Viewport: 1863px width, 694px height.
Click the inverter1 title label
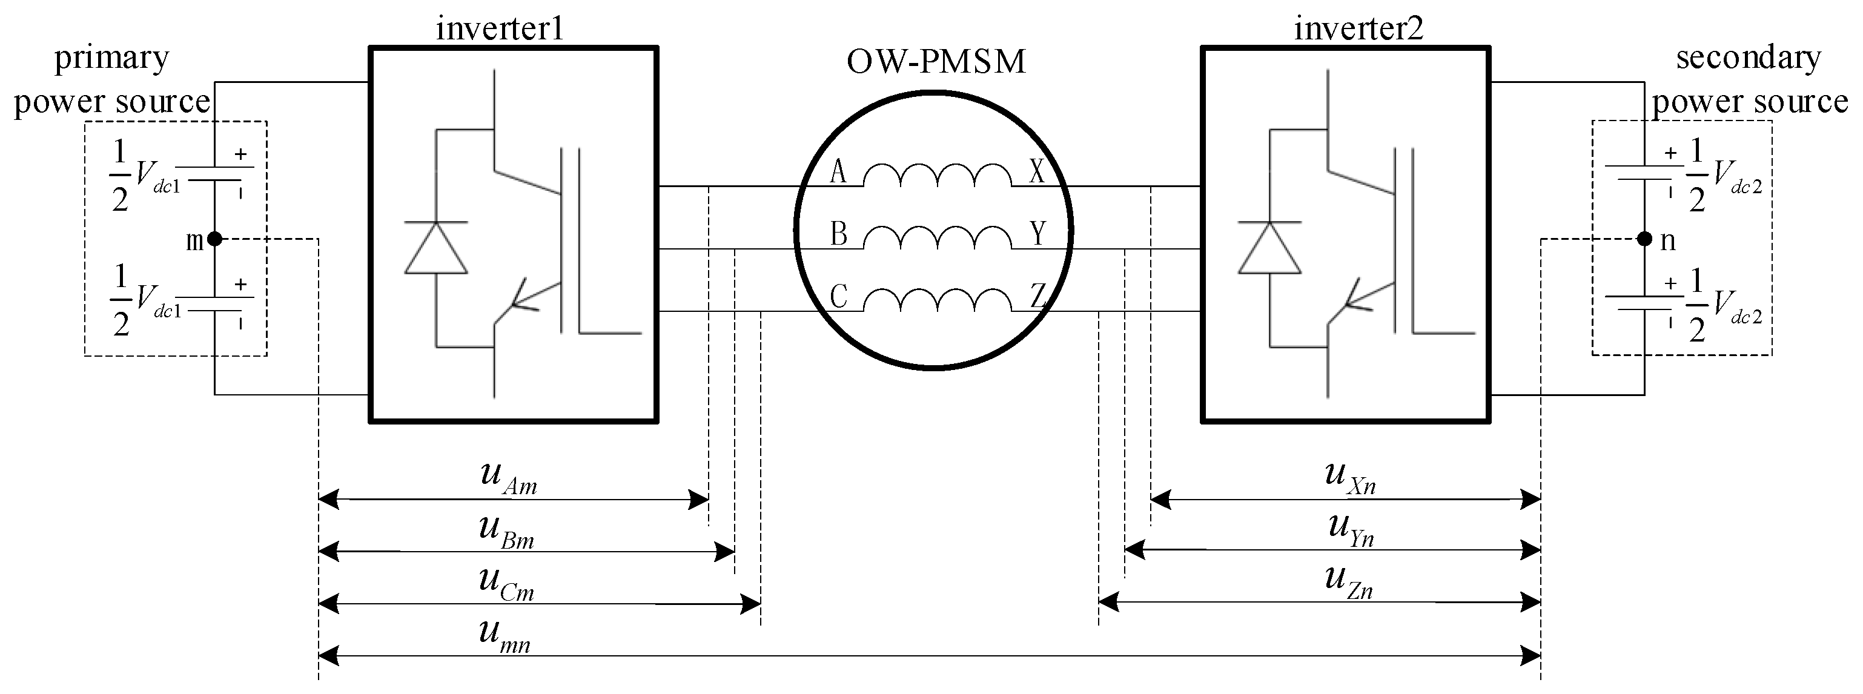click(x=500, y=28)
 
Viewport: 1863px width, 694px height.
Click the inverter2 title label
click(x=1358, y=28)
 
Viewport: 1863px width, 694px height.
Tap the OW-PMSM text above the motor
click(x=936, y=62)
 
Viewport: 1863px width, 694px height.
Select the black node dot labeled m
click(x=215, y=239)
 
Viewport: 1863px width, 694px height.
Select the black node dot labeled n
click(x=1644, y=239)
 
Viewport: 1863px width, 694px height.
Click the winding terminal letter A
click(x=838, y=172)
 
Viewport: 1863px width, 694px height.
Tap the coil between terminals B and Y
click(x=938, y=238)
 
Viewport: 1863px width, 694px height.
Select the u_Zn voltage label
click(x=1349, y=583)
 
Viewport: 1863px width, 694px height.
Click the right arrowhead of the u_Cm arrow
click(x=750, y=604)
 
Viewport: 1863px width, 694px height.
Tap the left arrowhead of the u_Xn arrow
click(x=1160, y=499)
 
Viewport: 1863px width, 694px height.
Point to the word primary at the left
click(x=111, y=58)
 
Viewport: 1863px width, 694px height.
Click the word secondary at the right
click(x=1748, y=58)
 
